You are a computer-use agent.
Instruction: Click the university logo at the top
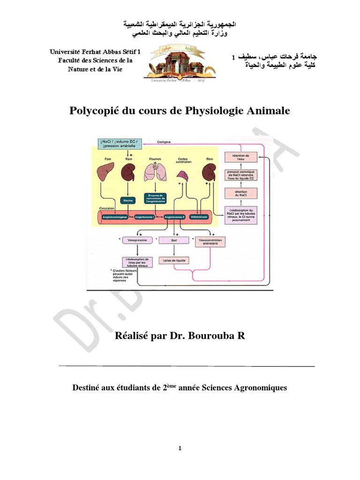180,63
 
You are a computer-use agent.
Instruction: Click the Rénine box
127,201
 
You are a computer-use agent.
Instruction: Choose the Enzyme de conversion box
155,198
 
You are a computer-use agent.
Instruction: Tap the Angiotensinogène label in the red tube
113,217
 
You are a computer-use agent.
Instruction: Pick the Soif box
173,240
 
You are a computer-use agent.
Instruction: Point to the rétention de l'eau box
240,157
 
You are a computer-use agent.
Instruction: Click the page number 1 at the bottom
180,449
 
